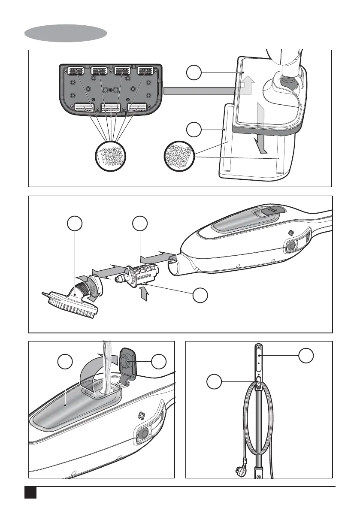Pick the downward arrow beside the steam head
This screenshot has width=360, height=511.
(262, 142)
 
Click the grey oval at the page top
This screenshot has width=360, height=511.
(66, 33)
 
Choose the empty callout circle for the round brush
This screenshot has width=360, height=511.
(75, 224)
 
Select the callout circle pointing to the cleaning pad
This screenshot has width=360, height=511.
(195, 130)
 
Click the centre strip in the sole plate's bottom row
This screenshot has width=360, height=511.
(111, 107)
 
